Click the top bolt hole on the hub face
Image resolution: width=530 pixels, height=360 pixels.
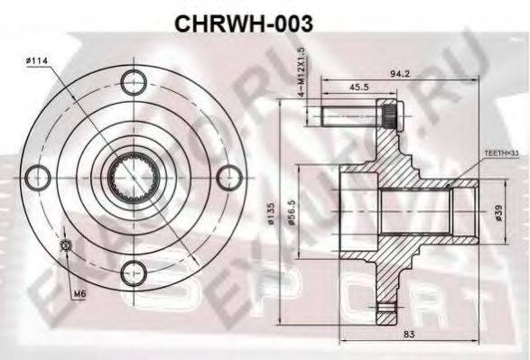[x=133, y=78]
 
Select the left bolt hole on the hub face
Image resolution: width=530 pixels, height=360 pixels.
[x=37, y=173]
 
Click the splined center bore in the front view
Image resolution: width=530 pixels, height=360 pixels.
[x=133, y=174]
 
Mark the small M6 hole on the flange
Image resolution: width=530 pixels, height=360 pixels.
[x=65, y=245]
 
